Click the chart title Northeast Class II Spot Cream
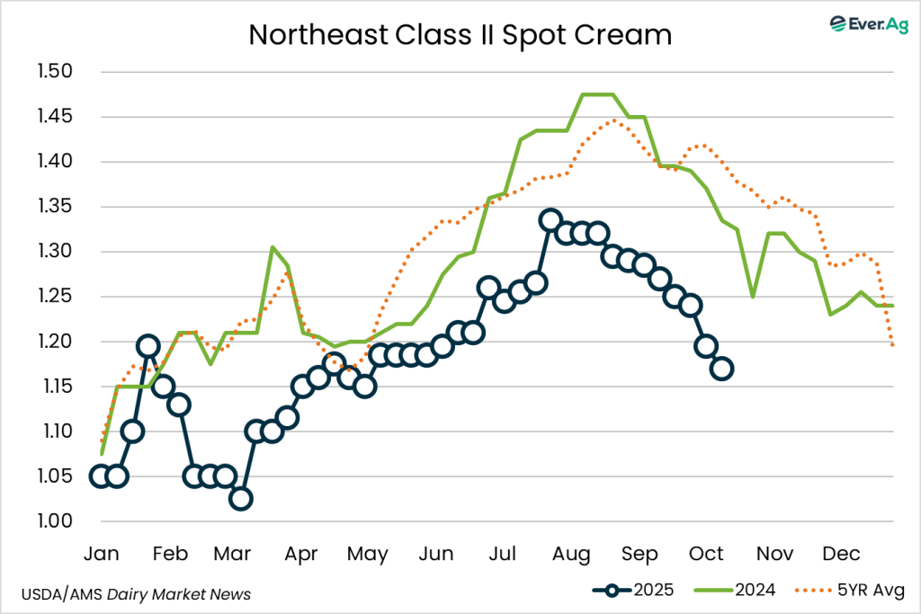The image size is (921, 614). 460,34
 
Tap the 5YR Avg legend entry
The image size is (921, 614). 851,590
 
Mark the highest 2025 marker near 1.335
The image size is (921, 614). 550,220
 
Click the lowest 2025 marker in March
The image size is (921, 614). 240,499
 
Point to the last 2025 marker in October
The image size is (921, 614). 721,369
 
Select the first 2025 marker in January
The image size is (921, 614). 101,476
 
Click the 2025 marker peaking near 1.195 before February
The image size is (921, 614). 148,346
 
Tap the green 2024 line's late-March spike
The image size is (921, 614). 272,247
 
